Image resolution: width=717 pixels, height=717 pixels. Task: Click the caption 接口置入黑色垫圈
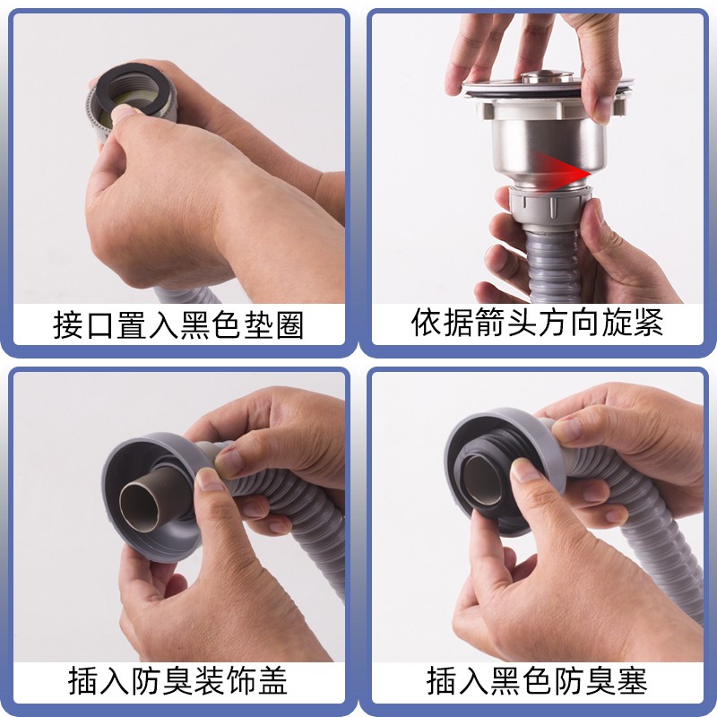click(178, 325)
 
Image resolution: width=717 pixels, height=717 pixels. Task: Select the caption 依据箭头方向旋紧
click(537, 323)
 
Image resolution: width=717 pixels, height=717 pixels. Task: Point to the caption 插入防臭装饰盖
click(177, 681)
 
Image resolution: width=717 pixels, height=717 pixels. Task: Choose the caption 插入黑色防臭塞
click(537, 681)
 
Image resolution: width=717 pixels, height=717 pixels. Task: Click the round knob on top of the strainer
click(548, 76)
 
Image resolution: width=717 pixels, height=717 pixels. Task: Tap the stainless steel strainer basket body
click(549, 147)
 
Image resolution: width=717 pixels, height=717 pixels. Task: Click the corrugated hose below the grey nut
click(553, 265)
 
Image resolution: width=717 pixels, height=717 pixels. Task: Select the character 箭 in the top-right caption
click(489, 323)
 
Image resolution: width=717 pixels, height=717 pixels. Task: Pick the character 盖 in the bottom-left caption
click(273, 681)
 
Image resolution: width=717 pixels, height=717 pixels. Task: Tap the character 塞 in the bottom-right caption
click(633, 681)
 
